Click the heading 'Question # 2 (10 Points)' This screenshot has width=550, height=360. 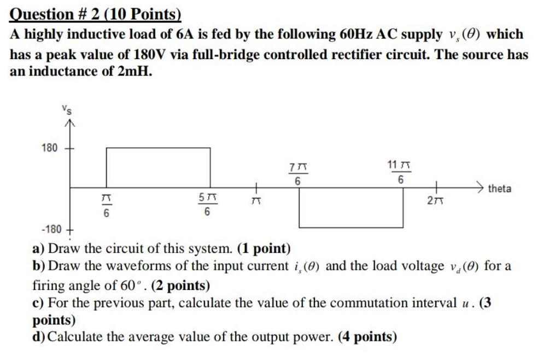[96, 13]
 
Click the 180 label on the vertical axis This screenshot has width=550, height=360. [49, 148]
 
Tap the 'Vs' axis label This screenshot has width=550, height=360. [67, 109]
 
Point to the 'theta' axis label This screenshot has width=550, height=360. [499, 189]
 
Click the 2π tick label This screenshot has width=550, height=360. [435, 201]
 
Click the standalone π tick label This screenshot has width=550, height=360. [254, 202]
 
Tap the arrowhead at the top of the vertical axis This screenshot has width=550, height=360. [68, 124]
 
